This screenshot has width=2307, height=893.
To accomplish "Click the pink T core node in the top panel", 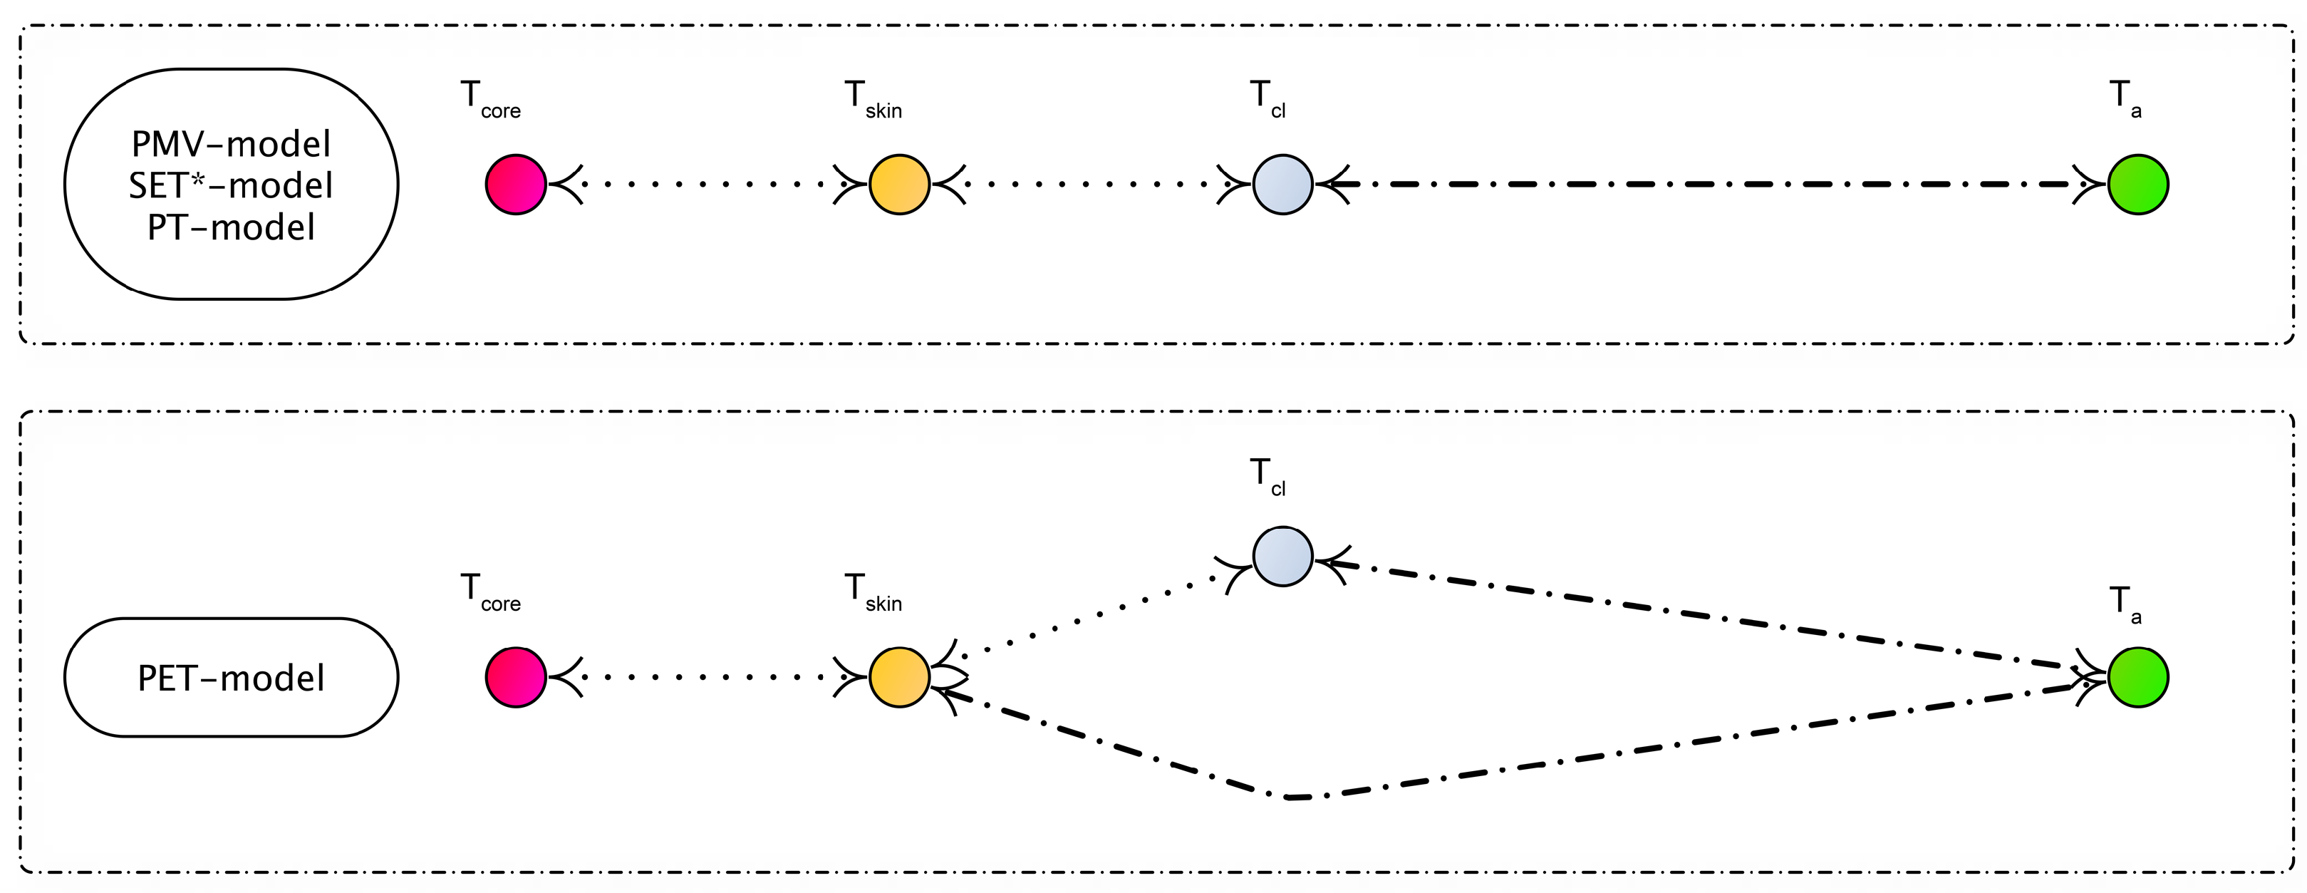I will click(516, 185).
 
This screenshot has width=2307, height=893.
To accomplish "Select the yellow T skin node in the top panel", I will click(899, 185).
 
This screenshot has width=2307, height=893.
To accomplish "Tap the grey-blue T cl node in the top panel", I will click(1282, 185).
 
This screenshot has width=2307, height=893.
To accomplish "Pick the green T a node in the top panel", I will click(2137, 185).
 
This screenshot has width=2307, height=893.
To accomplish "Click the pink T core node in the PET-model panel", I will click(516, 677).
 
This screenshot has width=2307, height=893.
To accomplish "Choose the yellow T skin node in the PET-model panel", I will click(899, 677).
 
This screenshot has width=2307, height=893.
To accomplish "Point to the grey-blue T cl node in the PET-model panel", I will click(1282, 556).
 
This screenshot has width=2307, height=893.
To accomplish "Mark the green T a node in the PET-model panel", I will click(2137, 677).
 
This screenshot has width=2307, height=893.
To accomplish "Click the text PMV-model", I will click(231, 143).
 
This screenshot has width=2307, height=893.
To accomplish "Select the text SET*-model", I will click(231, 185).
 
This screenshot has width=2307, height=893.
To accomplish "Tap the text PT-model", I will click(231, 227).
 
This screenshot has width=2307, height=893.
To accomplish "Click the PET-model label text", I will click(231, 678).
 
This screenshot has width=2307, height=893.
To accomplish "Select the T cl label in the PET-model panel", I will click(1267, 475).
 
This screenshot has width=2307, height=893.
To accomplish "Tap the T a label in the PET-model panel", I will click(2125, 604).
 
